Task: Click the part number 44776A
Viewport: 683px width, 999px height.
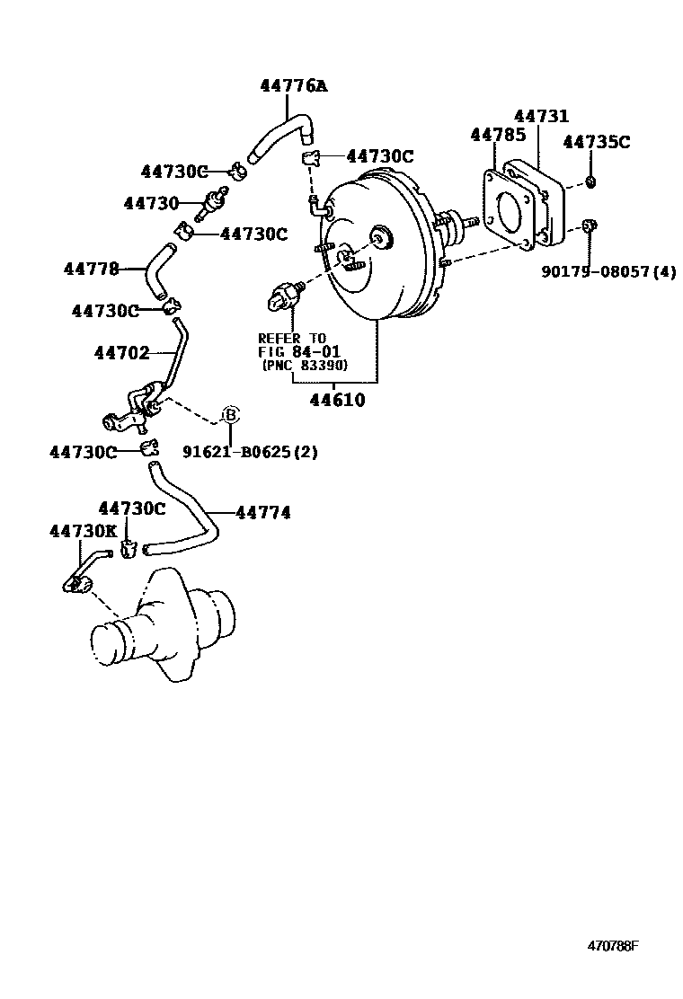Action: tap(293, 86)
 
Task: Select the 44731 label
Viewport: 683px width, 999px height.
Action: tap(541, 117)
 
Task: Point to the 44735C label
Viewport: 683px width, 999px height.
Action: tap(597, 142)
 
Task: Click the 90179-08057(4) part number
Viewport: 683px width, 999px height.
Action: tap(608, 270)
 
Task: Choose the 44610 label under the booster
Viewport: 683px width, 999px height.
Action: tap(338, 401)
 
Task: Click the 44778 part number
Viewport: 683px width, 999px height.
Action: tap(91, 269)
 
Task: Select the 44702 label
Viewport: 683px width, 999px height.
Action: tap(121, 354)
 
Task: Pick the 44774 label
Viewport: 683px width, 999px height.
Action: tap(263, 513)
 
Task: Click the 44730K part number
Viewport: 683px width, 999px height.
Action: tap(83, 531)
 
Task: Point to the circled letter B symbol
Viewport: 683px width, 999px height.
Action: tap(230, 415)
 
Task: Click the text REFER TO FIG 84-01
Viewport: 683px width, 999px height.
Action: tap(294, 345)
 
